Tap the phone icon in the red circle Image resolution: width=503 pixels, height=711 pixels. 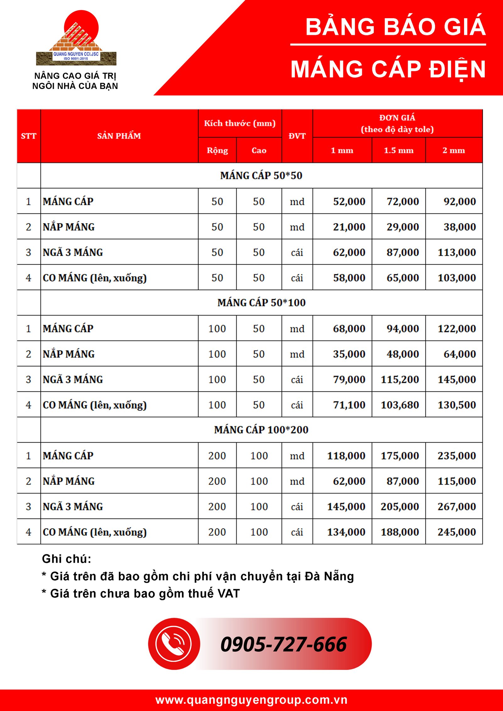[x=174, y=644]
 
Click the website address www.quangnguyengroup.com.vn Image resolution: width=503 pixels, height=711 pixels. [x=251, y=700]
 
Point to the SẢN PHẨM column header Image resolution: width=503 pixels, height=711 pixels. [x=119, y=136]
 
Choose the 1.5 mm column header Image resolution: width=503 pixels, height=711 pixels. [x=399, y=150]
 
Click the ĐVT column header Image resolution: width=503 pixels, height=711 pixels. [x=297, y=136]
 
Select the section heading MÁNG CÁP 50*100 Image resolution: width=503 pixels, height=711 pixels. [x=261, y=303]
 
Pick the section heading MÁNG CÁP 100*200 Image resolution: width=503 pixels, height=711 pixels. [x=261, y=430]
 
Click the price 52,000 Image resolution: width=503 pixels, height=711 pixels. [x=349, y=201]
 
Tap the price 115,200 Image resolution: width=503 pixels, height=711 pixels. [x=400, y=380]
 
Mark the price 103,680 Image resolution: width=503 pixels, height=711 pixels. [x=400, y=405]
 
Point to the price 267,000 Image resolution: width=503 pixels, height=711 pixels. [x=456, y=507]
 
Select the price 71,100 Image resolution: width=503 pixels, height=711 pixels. [x=349, y=405]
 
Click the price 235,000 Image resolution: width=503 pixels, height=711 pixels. [x=456, y=456]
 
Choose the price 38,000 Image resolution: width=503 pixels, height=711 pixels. [x=460, y=227]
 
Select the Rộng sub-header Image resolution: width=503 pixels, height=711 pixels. [x=217, y=150]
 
